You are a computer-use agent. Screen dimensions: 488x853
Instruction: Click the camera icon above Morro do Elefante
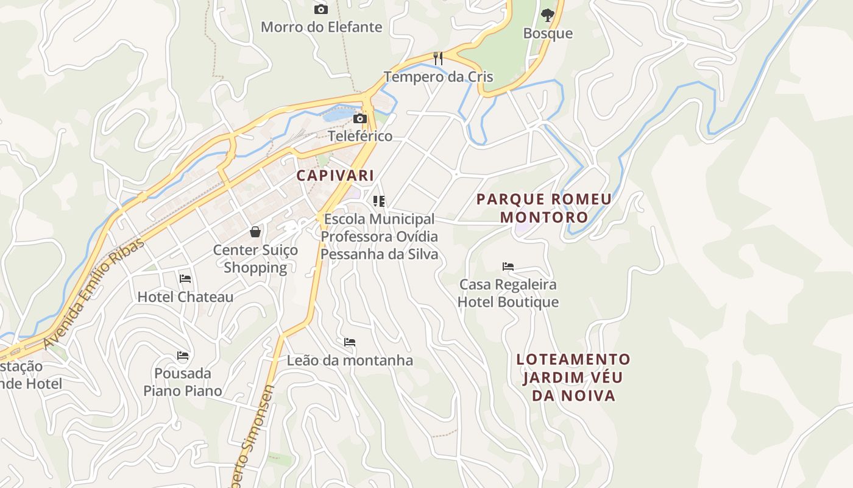click(x=320, y=9)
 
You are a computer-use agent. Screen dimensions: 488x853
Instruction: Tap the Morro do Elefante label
click(x=321, y=27)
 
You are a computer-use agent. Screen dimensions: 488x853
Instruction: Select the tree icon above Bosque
click(x=548, y=15)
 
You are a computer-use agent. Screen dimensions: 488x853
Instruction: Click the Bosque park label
click(x=548, y=33)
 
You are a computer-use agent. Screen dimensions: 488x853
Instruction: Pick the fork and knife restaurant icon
click(x=437, y=59)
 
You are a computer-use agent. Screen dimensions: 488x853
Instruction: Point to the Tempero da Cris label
click(x=438, y=77)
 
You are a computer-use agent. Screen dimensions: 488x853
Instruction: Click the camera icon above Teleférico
click(x=360, y=118)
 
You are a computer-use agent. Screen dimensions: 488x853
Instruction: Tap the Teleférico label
click(x=360, y=135)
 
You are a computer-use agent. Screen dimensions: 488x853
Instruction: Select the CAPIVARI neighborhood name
click(x=335, y=176)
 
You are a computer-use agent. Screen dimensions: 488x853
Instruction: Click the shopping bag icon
click(x=255, y=232)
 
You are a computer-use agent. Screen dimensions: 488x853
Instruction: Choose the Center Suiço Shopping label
click(x=255, y=259)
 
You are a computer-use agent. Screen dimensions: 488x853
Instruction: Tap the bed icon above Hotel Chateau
click(x=185, y=279)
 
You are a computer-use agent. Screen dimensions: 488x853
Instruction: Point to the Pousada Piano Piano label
click(x=183, y=381)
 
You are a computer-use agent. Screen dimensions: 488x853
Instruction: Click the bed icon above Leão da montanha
click(x=350, y=342)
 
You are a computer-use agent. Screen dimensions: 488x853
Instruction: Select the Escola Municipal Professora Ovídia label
click(x=379, y=236)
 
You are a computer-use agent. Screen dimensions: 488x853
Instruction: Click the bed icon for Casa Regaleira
click(x=508, y=267)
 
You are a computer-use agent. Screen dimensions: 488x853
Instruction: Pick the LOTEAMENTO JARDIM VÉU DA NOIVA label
click(x=573, y=377)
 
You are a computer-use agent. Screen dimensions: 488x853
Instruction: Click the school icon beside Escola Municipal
click(x=379, y=201)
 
